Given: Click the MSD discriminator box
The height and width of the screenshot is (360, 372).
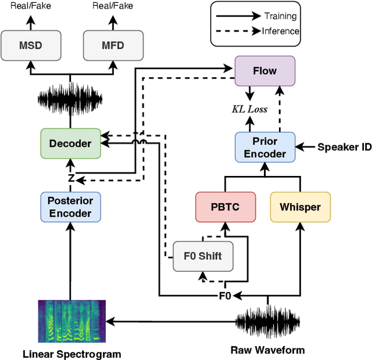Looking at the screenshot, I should click(x=30, y=46).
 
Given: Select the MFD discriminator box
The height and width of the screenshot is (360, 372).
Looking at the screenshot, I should click(x=113, y=46).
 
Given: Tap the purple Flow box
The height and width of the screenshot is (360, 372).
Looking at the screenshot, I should click(x=265, y=71).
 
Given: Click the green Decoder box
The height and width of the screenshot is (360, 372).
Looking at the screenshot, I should click(x=70, y=143).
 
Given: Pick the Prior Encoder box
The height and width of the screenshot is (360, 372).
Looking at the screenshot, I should click(x=265, y=147).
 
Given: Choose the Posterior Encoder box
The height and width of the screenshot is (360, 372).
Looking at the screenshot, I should click(x=70, y=207).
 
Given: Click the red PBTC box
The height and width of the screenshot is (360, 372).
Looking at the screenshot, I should click(x=224, y=207).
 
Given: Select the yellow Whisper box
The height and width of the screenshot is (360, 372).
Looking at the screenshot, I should click(x=300, y=207).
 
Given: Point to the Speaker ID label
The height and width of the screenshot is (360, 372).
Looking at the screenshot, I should click(x=344, y=147).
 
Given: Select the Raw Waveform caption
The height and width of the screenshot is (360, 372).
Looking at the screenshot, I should click(x=267, y=350).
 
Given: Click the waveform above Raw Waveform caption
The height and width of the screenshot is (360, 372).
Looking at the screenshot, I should click(x=268, y=321).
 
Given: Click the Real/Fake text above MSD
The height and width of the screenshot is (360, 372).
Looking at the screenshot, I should click(x=30, y=6).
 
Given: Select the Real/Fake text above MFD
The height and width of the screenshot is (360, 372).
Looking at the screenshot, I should click(x=113, y=6).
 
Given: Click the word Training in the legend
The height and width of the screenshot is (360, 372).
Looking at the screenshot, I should click(x=280, y=16).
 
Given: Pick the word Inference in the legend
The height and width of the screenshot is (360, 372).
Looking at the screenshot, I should click(x=280, y=31).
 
